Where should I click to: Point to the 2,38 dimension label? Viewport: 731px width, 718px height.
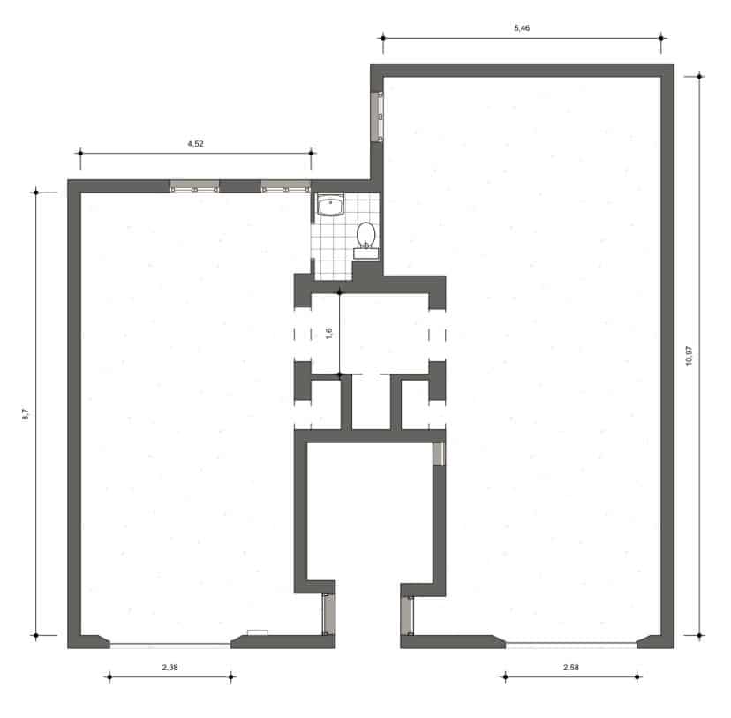[170, 668]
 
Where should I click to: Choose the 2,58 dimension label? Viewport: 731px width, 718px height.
[571, 668]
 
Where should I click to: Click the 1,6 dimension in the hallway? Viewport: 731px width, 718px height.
[328, 333]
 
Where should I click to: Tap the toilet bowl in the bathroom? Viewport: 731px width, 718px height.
[366, 235]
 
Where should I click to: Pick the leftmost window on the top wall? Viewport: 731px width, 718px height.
[194, 186]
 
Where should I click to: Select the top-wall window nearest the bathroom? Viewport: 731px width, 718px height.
[285, 186]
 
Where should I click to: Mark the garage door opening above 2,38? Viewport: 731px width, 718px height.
[170, 644]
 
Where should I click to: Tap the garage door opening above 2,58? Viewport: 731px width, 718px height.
[570, 644]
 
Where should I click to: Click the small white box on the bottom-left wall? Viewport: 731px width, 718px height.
[257, 631]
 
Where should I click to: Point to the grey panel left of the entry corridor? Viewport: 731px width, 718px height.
[327, 615]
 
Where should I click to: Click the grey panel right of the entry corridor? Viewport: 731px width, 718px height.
[408, 616]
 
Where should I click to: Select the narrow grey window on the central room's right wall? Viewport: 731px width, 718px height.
[437, 453]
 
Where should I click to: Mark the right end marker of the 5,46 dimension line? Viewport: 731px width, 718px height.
[662, 38]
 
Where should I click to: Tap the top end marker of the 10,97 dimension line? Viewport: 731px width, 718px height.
[699, 76]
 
